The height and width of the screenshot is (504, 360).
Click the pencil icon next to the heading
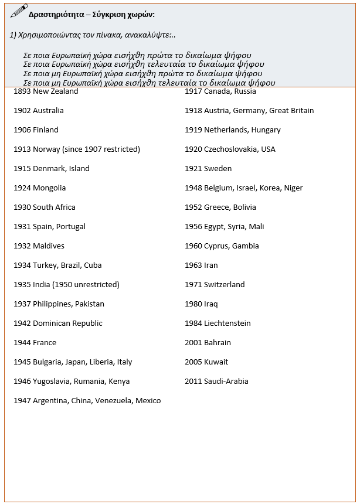19,11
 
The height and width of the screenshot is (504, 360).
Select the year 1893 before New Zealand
22,91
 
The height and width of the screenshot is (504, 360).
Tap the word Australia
48,111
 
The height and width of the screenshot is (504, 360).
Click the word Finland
46,130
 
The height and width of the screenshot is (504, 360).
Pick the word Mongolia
49,188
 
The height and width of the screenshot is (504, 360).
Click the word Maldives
49,246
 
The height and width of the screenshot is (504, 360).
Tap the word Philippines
53,304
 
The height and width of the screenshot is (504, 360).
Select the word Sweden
218,169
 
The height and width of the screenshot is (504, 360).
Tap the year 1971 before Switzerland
193,285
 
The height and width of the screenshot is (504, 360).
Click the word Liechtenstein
227,323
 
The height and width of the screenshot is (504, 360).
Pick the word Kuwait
216,362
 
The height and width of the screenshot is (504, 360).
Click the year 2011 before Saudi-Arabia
193,382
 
